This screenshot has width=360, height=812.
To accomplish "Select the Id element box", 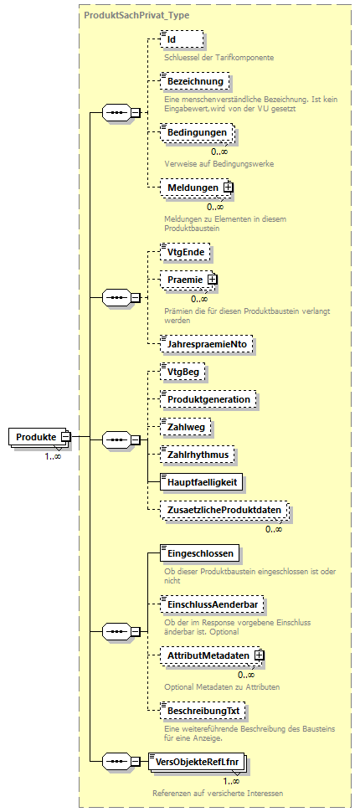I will pos(181,39).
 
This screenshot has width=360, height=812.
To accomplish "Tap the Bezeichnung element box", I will pos(193,81).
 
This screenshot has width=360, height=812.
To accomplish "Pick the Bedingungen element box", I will pos(196,134).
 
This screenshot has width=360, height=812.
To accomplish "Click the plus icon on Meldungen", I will pos(228,188).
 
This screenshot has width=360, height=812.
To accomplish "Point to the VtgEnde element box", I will pos(186,250).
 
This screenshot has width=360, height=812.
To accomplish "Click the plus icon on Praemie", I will pos(213,279).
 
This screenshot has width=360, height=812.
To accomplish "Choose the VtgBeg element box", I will pos(183,372).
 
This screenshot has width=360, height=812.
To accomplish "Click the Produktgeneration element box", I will pos(208,399).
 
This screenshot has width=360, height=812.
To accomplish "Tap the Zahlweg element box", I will pos(185,427).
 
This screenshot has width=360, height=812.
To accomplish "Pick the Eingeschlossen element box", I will pos(198,552).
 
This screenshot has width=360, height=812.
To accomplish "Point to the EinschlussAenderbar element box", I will pos(213,604).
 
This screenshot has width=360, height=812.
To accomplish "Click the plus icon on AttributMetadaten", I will pos(260,655).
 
